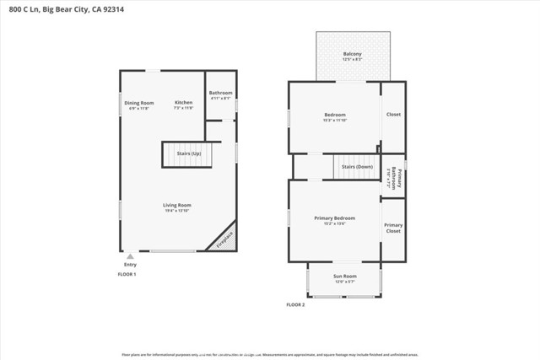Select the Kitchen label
click(x=183, y=102)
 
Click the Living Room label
click(x=177, y=205)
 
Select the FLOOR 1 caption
click(x=127, y=275)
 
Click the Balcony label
click(x=353, y=53)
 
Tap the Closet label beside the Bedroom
click(x=393, y=114)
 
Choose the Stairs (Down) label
click(x=356, y=167)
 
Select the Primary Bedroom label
click(x=334, y=218)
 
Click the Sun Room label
click(x=344, y=277)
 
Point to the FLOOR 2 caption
click(x=295, y=304)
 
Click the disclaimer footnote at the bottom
click(x=270, y=355)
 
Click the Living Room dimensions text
click(x=177, y=210)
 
